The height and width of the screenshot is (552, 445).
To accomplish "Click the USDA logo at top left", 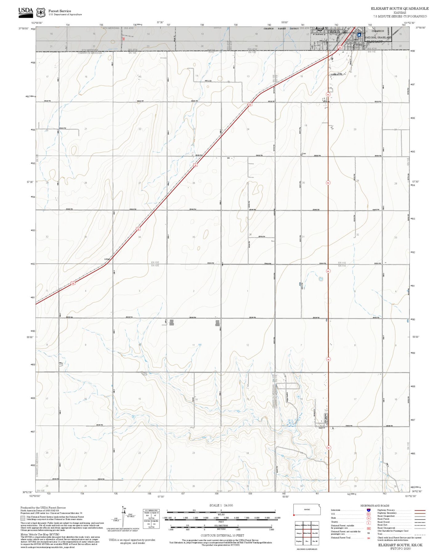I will (x=25, y=12).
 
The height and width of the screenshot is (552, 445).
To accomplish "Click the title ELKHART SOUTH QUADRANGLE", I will (x=399, y=9).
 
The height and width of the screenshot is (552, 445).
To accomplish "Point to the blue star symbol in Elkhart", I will (x=359, y=34).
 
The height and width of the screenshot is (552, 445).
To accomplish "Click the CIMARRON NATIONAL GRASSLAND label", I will (x=378, y=34).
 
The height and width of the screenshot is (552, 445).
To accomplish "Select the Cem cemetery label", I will (x=304, y=154).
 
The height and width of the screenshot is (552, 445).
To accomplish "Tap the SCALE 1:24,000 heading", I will (x=221, y=505).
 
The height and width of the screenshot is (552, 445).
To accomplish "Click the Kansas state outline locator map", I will (x=307, y=510).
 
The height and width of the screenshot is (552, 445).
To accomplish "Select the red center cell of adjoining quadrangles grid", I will (x=307, y=533).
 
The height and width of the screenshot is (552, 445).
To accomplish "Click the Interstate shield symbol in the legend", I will (x=368, y=510).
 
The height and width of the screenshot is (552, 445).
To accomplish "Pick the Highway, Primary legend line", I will (x=420, y=510).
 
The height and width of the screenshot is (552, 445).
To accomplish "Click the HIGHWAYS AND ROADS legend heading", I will (x=375, y=506).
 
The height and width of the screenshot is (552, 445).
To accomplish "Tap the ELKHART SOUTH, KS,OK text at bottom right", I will (x=400, y=545).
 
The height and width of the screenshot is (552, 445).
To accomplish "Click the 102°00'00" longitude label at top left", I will (x=37, y=23).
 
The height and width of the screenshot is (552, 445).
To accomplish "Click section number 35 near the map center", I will (x=194, y=237).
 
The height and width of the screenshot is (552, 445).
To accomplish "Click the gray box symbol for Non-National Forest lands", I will (x=23, y=518).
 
